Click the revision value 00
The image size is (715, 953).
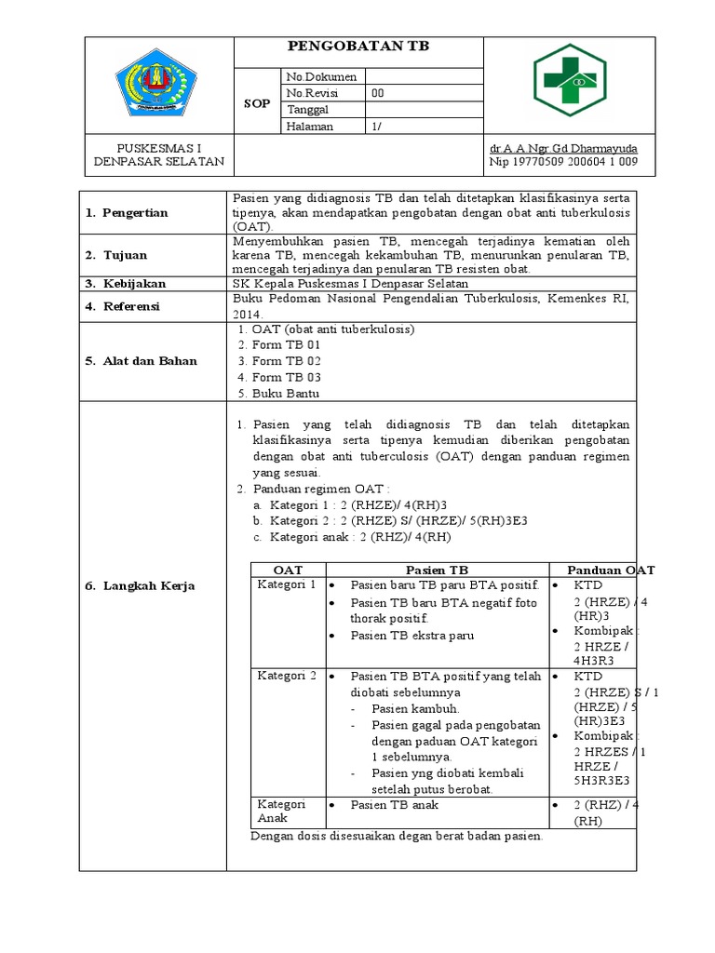pos(377,93)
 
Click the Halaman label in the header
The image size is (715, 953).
pos(310,127)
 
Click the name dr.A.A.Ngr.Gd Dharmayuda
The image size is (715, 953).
pos(563,148)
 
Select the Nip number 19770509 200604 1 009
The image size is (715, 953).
pos(563,162)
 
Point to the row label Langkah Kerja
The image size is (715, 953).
pos(142,585)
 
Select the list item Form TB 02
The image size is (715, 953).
pos(287,361)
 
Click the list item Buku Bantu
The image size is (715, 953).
pos(286,394)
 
